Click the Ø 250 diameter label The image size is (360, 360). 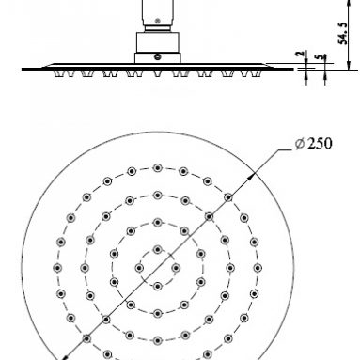coord(313,144)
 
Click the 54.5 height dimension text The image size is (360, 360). coord(343,33)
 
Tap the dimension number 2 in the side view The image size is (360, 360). coord(300,54)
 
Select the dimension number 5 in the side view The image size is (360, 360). coord(320,57)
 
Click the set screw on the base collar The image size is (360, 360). coord(158,57)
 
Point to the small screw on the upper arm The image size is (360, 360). coord(158,21)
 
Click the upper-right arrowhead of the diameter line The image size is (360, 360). coord(252,176)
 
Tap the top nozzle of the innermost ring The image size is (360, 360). coord(158,250)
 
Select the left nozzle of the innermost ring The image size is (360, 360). coord(139,268)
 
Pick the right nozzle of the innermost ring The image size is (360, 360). coord(176,268)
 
